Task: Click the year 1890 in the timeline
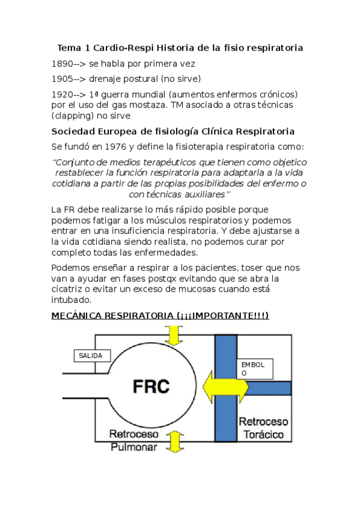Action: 63,63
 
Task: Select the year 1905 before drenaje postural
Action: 63,79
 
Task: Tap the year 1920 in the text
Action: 63,94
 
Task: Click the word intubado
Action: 72,300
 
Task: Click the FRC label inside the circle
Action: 151,386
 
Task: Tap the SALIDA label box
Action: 91,355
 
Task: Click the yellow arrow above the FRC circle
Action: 174,334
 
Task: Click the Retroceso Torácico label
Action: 263,428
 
